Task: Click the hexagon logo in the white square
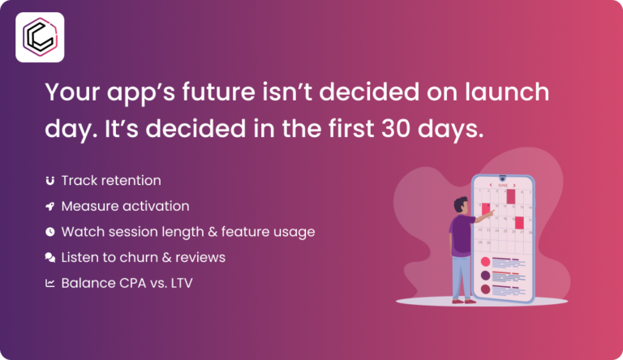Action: [x=40, y=37]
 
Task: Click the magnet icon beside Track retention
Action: [x=50, y=180]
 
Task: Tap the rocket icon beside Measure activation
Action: [x=50, y=206]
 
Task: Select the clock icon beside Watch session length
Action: [x=50, y=232]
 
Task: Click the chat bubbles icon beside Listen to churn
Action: [x=50, y=258]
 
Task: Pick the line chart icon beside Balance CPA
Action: [x=50, y=284]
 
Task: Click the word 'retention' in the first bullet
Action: [x=131, y=180]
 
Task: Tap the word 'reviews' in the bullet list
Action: [x=202, y=258]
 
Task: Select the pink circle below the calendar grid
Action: [x=486, y=262]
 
